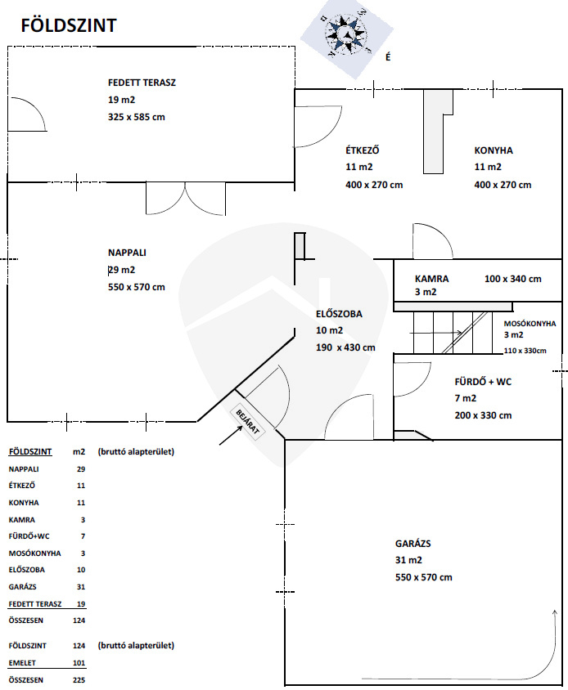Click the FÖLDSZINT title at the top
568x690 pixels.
69,25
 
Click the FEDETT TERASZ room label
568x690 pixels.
142,83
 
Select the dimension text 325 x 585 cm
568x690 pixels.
137,117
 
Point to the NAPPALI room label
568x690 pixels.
127,253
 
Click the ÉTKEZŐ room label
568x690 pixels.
363,150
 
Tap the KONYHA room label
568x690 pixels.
494,150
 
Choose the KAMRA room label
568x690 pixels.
432,279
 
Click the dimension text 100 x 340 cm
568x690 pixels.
513,279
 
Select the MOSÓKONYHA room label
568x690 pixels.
530,324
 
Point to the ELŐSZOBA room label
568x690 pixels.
339,314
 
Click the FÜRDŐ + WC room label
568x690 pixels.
483,382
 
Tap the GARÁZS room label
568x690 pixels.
412,544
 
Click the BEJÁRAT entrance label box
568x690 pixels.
248,421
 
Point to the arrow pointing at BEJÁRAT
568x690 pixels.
231,435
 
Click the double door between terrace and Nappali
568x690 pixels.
186,199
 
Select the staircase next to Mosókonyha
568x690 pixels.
453,333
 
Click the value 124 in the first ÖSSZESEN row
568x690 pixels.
79,621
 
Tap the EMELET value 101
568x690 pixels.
79,663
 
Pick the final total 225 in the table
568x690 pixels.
79,680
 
